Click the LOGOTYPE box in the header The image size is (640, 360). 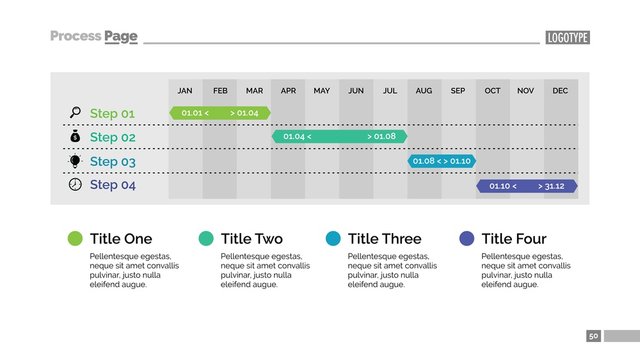pyautogui.click(x=568, y=38)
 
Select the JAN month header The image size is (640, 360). pyautogui.click(x=185, y=91)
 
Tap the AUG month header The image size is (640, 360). pyautogui.click(x=424, y=91)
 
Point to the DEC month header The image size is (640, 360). pyautogui.click(x=560, y=91)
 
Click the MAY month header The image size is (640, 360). pyautogui.click(x=321, y=91)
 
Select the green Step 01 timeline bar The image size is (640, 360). pyautogui.click(x=220, y=113)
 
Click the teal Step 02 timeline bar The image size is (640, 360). pyautogui.click(x=339, y=136)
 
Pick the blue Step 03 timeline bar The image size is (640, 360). pyautogui.click(x=441, y=161)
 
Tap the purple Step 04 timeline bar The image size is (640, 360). pyautogui.click(x=527, y=186)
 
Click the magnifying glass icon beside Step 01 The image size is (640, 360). pyautogui.click(x=75, y=112)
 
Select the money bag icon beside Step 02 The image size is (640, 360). pyautogui.click(x=75, y=136)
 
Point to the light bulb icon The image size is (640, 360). pyautogui.click(x=75, y=161)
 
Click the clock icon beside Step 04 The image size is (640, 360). pyautogui.click(x=75, y=185)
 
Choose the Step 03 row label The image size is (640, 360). pyautogui.click(x=112, y=161)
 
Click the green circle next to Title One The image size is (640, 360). pyautogui.click(x=75, y=238)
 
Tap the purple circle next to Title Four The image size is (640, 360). pyautogui.click(x=466, y=238)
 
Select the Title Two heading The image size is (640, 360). pyautogui.click(x=251, y=239)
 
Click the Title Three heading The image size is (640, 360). pyautogui.click(x=384, y=239)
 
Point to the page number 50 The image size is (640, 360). pyautogui.click(x=594, y=336)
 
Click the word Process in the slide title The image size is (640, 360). pyautogui.click(x=75, y=37)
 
